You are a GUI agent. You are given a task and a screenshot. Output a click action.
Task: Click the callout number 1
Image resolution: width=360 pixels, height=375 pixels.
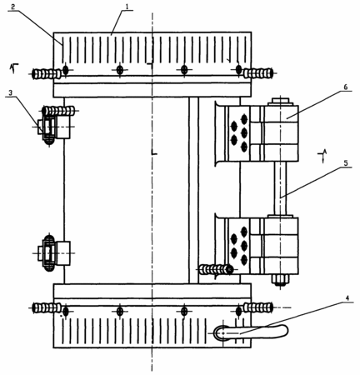coord(127,7)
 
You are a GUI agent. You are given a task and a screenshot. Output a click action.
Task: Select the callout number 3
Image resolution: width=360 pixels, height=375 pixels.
coord(10,93)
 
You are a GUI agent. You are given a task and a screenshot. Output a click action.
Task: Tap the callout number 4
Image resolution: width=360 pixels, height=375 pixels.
coord(347,298)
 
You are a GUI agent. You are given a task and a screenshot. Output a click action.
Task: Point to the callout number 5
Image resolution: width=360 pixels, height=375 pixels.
coord(345,163)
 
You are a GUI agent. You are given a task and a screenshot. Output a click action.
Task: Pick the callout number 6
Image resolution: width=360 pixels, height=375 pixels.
coord(345,87)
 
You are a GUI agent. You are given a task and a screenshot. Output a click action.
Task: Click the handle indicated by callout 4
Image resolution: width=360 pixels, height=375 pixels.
coord(251,332)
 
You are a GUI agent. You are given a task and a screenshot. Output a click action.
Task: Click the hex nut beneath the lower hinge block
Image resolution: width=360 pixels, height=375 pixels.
coord(281,280)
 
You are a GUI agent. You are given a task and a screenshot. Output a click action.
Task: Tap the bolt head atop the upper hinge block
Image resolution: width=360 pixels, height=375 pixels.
coord(281,101)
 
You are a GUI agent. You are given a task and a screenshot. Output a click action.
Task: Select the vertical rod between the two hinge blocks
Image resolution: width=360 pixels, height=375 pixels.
coord(281,188)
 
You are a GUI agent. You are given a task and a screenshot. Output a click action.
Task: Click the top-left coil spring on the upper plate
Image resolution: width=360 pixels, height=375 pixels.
coord(47,73)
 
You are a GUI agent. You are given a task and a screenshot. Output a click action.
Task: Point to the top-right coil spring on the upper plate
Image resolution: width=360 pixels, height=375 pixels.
coord(258,73)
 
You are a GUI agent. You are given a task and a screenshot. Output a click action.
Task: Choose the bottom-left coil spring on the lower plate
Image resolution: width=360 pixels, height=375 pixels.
coord(47,307)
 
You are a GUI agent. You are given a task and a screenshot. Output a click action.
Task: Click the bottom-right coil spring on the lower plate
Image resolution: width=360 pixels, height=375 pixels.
coord(258,307)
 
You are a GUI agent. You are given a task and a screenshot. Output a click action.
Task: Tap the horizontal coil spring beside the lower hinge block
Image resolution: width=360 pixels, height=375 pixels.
coord(217,269)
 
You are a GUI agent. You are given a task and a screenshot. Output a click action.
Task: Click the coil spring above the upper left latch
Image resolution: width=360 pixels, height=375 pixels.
coord(59,111)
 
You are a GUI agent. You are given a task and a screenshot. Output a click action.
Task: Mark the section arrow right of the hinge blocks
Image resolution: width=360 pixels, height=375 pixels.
coord(323,156)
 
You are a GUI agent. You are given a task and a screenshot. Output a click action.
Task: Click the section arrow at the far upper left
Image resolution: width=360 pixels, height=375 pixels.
coord(13,67)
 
